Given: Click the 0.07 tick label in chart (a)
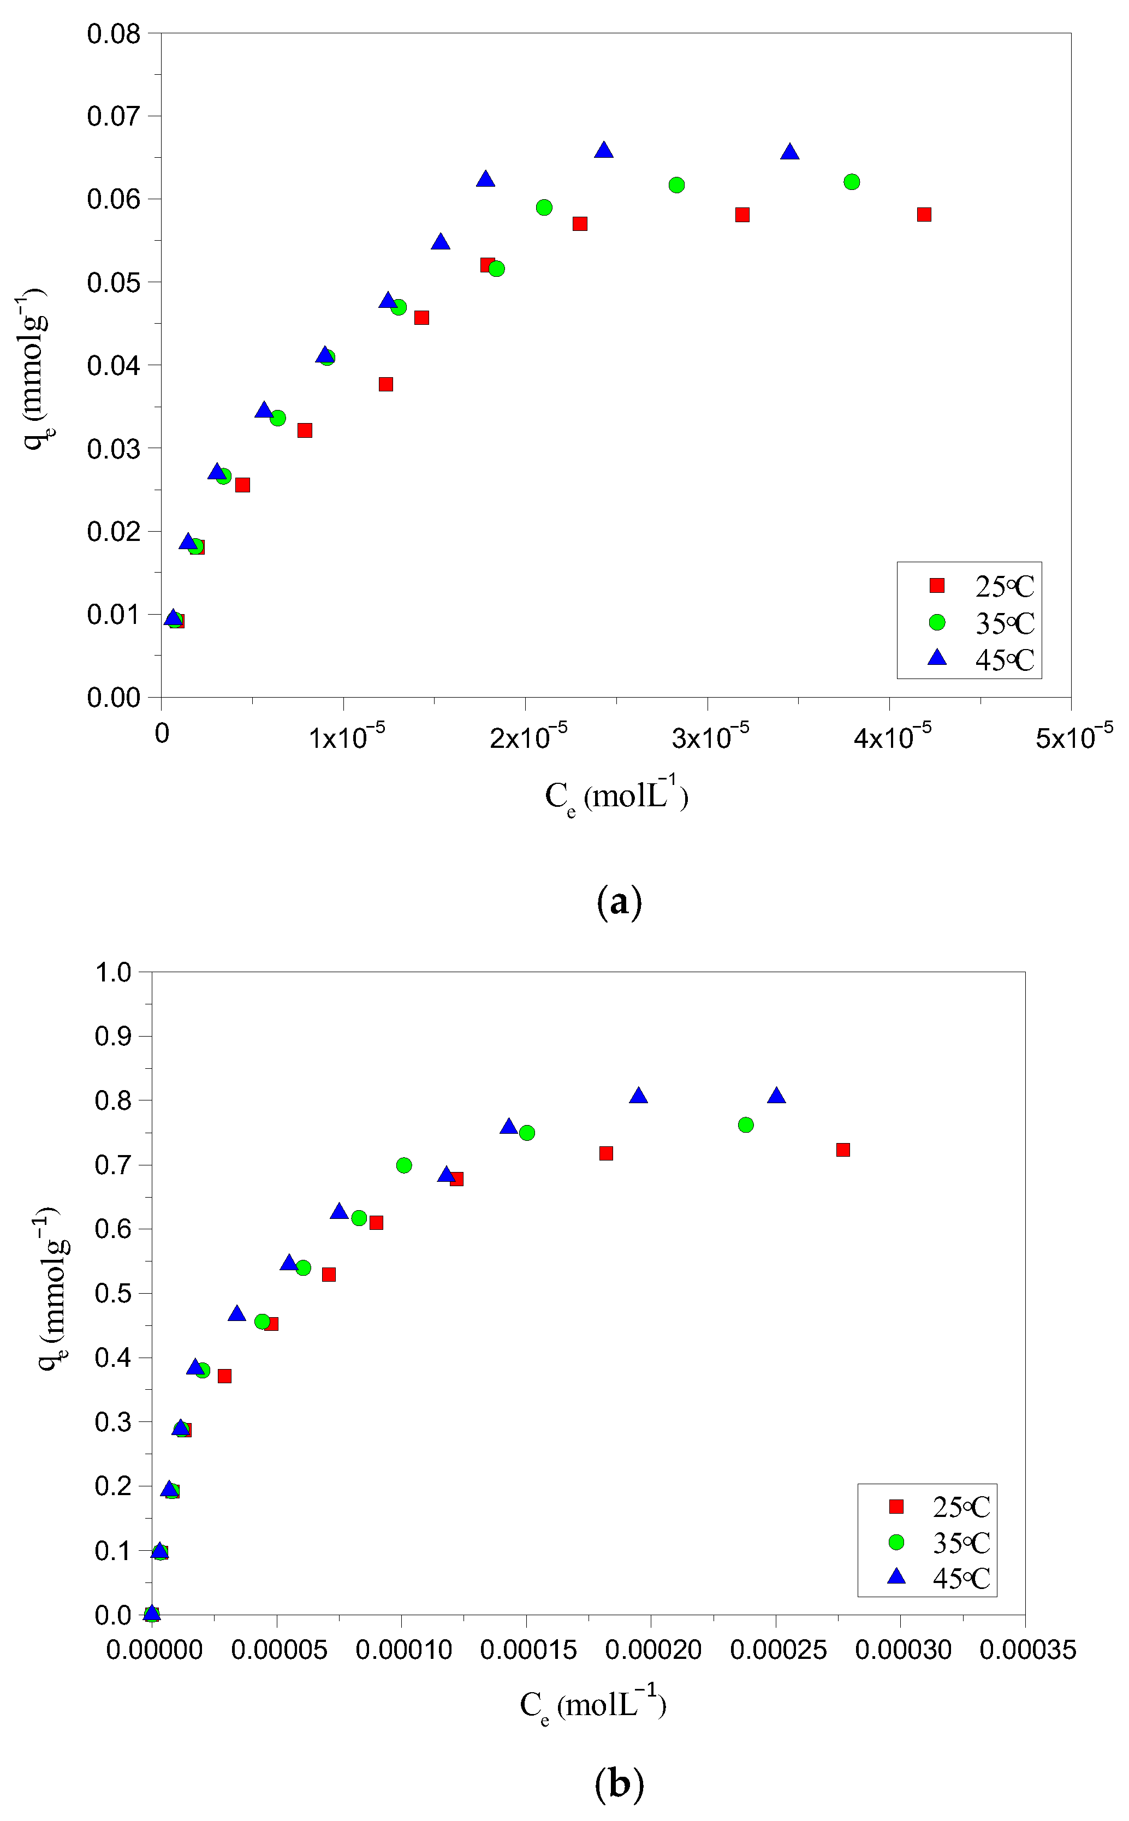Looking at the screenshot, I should coord(114,116).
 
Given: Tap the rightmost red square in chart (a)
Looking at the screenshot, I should coord(924,215).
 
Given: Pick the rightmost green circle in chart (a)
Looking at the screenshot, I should coord(851,182).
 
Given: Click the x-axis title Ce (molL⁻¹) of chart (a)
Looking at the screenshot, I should coord(616,796).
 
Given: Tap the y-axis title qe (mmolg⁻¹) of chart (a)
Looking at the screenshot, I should coord(34,366).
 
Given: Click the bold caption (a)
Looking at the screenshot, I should coord(619,902).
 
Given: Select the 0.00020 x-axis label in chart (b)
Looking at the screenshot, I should coord(652,1649).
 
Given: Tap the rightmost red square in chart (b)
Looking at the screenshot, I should coord(843,1150).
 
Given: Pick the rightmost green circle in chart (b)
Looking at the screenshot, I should coord(745,1125).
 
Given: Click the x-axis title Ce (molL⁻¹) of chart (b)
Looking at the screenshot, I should coord(593,1705).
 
